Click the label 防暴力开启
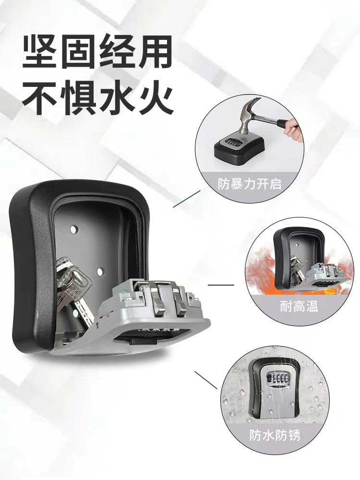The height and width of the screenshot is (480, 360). point(250,184)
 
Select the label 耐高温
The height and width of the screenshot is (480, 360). point(299,306)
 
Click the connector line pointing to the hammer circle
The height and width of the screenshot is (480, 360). point(187,199)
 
